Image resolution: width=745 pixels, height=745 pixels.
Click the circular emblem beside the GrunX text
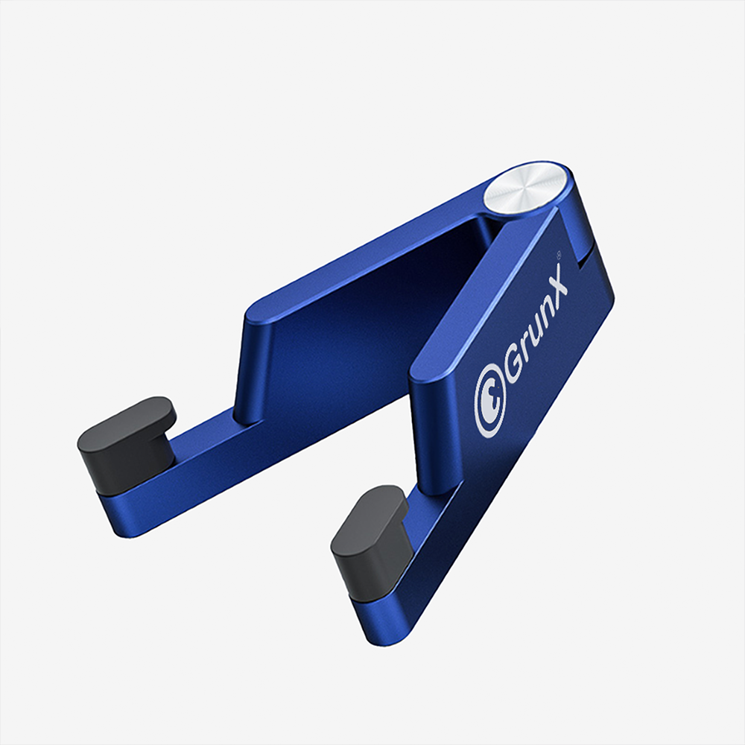tap(490, 403)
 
